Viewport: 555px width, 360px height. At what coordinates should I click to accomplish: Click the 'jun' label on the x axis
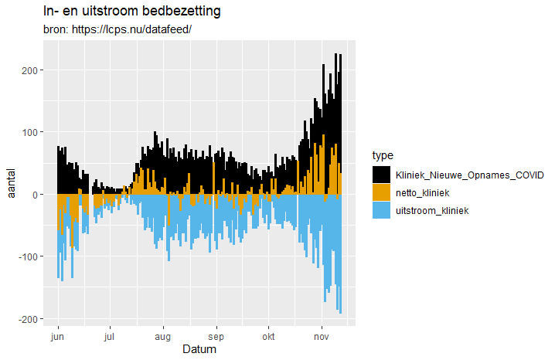pos(57,337)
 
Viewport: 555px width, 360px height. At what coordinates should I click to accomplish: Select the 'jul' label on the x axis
pos(110,337)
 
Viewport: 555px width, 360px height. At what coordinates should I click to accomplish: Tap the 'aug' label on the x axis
pos(163,337)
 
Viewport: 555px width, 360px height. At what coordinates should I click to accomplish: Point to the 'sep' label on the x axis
pos(216,337)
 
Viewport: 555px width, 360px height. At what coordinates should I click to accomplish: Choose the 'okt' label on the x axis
pos(268,337)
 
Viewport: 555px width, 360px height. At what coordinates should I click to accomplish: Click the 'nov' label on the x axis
pos(322,337)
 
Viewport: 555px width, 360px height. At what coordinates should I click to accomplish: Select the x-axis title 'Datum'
pos(199,350)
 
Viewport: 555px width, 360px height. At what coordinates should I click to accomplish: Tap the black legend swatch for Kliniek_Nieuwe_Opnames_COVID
pos(382,175)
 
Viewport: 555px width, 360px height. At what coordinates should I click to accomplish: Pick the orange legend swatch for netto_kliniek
pos(382,192)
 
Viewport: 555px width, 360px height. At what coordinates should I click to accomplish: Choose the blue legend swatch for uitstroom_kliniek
pos(382,210)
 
